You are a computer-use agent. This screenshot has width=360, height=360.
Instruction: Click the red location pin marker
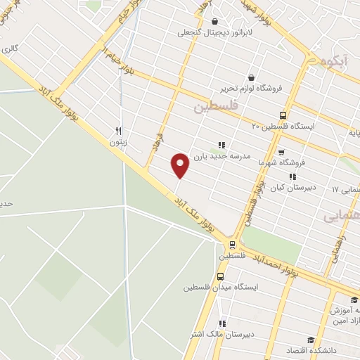click(180, 165)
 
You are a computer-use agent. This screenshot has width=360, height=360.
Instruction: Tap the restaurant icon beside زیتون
click(120, 130)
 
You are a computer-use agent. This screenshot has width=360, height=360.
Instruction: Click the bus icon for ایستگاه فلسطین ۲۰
click(283, 115)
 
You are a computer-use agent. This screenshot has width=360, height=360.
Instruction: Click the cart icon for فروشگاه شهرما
click(281, 151)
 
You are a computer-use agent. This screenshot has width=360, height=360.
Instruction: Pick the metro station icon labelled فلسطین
click(231, 245)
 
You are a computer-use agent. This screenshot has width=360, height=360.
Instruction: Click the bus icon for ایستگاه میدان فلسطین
click(220, 276)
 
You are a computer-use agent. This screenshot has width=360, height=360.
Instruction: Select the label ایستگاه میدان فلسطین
click(221, 288)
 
